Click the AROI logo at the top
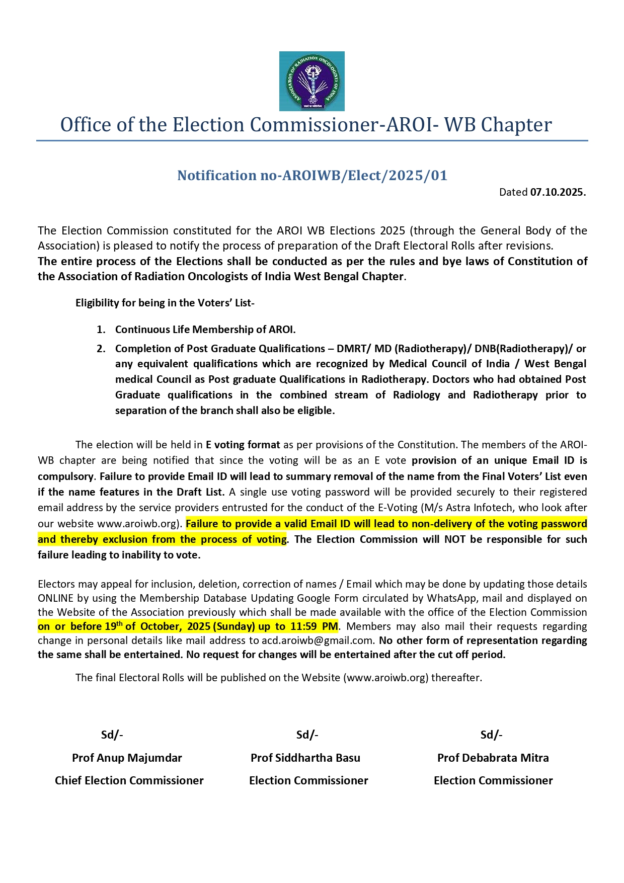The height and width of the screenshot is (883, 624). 311,81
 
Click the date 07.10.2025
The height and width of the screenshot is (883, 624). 558,192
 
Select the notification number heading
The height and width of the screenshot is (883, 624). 312,176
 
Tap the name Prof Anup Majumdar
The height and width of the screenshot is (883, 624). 127,758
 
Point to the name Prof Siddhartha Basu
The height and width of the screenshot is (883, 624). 305,758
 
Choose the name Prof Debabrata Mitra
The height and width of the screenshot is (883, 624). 493,758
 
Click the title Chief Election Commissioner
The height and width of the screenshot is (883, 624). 129,780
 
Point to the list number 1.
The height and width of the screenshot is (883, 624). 101,330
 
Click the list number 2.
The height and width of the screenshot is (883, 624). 101,349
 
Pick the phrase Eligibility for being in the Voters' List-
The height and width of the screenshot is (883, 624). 165,303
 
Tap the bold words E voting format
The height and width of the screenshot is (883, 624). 243,445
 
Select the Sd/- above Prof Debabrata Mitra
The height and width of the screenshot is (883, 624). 491,735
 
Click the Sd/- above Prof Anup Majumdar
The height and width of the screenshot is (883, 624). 112,735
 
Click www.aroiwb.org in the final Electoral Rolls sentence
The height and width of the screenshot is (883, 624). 386,678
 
